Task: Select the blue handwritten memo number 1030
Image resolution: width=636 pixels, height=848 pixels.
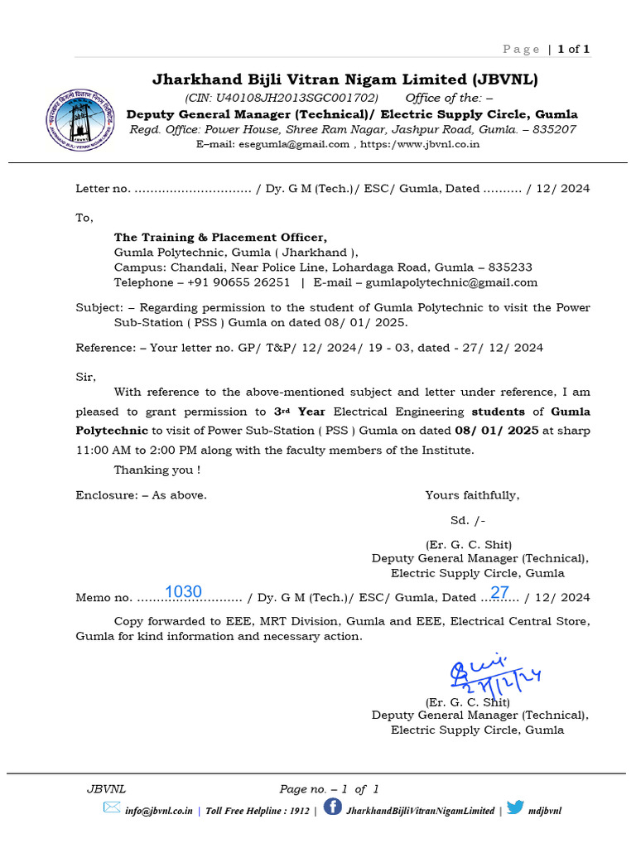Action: pyautogui.click(x=183, y=591)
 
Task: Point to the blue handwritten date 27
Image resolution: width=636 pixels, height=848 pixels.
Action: pyautogui.click(x=499, y=592)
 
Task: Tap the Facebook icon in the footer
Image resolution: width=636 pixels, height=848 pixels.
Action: pyautogui.click(x=332, y=807)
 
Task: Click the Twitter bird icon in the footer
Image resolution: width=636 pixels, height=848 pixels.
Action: pyautogui.click(x=515, y=807)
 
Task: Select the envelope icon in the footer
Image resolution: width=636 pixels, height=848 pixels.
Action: pyautogui.click(x=112, y=807)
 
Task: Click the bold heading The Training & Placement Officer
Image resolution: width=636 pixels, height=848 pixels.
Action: pyautogui.click(x=220, y=238)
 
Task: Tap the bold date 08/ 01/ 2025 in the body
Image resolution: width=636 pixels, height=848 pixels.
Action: pyautogui.click(x=497, y=431)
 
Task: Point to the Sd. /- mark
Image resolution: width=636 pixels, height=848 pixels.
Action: pyautogui.click(x=468, y=520)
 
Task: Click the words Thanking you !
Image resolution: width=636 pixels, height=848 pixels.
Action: pyautogui.click(x=157, y=470)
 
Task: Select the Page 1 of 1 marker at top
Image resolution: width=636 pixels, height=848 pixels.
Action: pyautogui.click(x=546, y=50)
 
